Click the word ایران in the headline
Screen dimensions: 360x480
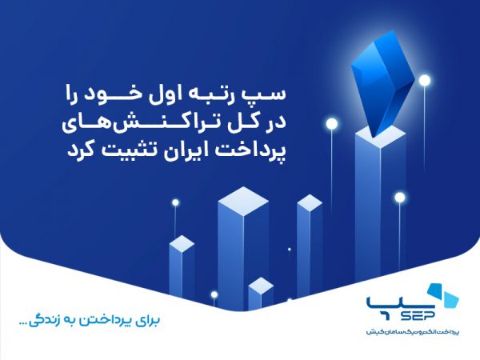point(167,150)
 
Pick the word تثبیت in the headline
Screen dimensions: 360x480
point(110,150)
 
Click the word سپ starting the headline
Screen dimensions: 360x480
point(270,96)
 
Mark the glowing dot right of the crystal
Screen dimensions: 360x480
point(425,80)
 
